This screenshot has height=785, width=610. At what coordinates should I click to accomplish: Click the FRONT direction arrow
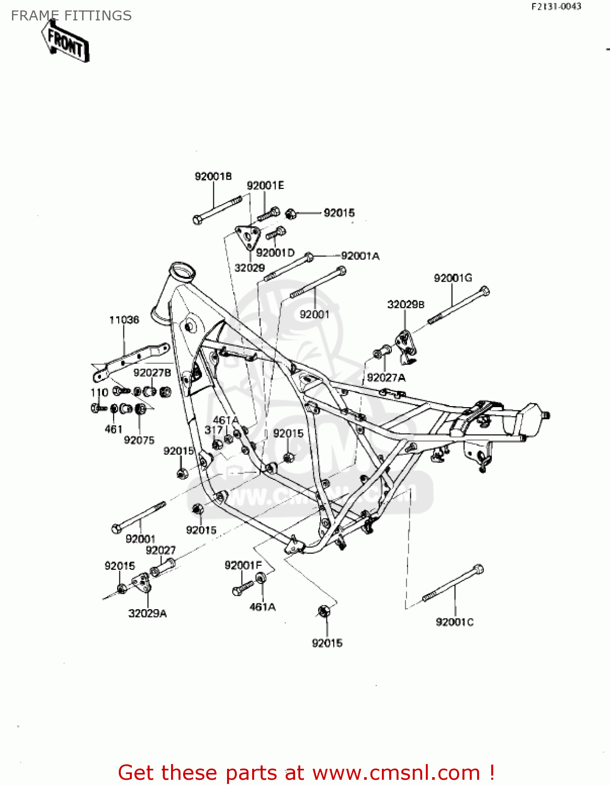point(66,42)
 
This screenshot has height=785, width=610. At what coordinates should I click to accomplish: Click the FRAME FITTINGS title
point(71,16)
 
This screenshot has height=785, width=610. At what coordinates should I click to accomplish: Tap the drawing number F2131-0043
point(556,7)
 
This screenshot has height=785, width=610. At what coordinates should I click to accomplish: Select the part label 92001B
point(213,176)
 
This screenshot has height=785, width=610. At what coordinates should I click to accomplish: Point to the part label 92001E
point(265,186)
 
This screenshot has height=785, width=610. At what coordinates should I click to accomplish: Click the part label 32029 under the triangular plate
point(250,268)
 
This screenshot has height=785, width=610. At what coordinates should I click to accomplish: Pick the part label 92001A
point(360,256)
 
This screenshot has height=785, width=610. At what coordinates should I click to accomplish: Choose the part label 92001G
point(453,278)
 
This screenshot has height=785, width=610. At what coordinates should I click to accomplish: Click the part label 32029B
point(405,305)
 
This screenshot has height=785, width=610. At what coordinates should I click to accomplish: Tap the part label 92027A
point(386,378)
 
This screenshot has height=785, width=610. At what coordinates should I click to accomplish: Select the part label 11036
point(124,320)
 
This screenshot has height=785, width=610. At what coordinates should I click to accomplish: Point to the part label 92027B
point(152,373)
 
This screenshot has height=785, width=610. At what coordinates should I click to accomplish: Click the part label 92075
point(139,440)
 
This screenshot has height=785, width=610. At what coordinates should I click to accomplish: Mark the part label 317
point(213,430)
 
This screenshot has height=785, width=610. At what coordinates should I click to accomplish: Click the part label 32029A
point(148,613)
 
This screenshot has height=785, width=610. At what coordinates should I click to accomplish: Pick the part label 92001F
point(243,565)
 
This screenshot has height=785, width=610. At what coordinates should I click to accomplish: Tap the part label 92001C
point(455,622)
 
